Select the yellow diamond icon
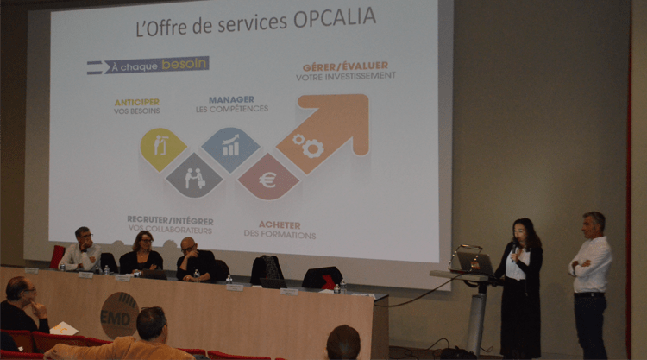coord(163,148)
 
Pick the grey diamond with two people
coord(195,175)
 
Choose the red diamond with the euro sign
coord(267,178)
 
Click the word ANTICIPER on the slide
coord(136,101)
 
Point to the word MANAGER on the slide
coord(231,99)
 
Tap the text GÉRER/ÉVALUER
coord(345,66)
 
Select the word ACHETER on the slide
coord(280,224)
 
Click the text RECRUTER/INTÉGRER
coord(170,220)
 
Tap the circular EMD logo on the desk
coord(119,314)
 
